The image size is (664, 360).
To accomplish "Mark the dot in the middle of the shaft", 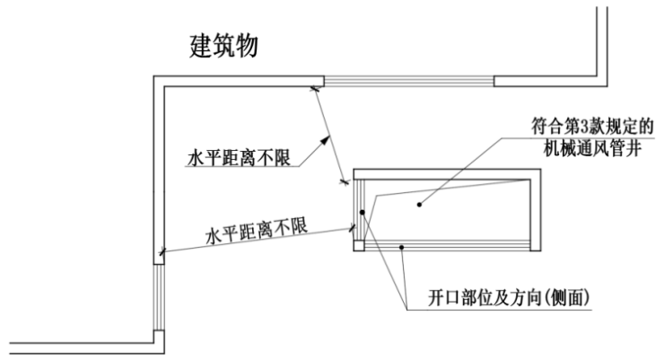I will coord(419,205).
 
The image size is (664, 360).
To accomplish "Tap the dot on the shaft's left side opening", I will coord(362,213).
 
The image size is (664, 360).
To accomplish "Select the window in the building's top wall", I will coord(408,81).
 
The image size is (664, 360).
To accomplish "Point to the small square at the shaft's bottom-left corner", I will coord(360,244).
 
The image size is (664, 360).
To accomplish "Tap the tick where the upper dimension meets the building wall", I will coord(313,88).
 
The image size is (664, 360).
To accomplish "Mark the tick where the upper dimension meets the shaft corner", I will coord(344,183).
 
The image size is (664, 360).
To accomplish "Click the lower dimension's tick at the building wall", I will coord(162,254).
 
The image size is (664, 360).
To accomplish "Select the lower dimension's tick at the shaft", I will coord(353,228).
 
